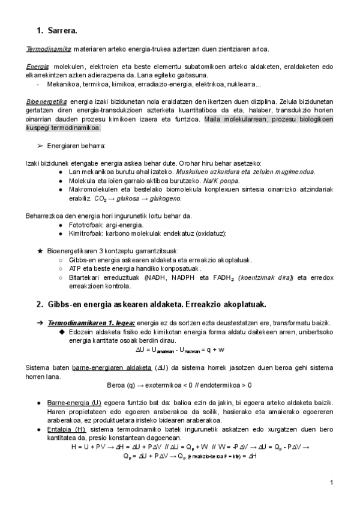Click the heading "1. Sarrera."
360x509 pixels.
pyautogui.click(x=57, y=29)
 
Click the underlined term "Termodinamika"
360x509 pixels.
pyautogui.click(x=49, y=49)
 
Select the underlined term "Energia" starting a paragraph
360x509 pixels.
pyautogui.click(x=38, y=67)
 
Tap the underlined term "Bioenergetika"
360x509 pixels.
pyautogui.click(x=47, y=103)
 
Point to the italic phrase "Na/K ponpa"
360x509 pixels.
pyautogui.click(x=222, y=181)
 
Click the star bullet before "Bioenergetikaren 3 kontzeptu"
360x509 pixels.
pyautogui.click(x=40, y=251)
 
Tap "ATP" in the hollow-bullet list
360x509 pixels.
pyautogui.click(x=76, y=269)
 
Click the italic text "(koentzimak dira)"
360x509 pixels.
pyautogui.click(x=254, y=278)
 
